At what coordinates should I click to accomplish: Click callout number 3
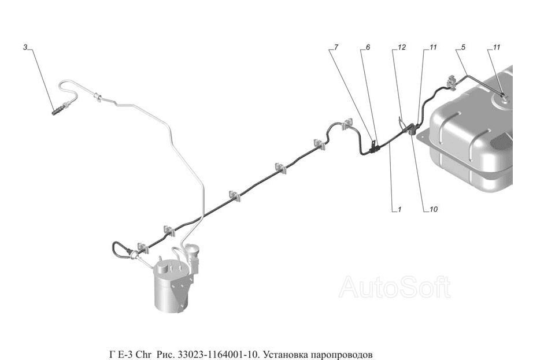(x=25, y=47)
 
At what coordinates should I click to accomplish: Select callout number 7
(x=336, y=47)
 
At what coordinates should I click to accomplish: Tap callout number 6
(x=368, y=47)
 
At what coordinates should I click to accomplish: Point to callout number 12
(x=401, y=47)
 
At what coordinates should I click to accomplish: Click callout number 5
(x=463, y=47)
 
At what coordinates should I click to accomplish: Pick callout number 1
(x=399, y=210)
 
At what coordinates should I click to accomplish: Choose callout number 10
(x=434, y=210)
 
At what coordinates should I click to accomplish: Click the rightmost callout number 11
(x=497, y=47)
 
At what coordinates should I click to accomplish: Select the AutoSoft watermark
(x=394, y=287)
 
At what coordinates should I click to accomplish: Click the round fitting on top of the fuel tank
(x=501, y=98)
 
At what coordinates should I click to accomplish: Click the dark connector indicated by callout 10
(x=412, y=129)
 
